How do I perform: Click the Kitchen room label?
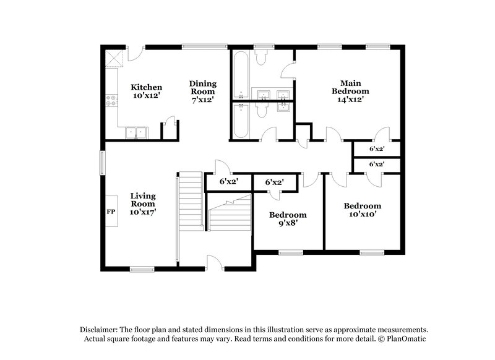coord(147,87)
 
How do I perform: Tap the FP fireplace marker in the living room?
coord(111,211)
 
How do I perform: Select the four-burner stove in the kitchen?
coord(112,101)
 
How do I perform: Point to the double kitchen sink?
coord(135,132)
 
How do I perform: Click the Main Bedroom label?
coord(350,87)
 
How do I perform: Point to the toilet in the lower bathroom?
coord(261,111)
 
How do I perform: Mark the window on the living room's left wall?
coord(103,165)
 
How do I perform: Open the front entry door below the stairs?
coord(214,264)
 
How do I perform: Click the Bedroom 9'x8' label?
coord(288,220)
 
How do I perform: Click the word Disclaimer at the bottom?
coord(100,330)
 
